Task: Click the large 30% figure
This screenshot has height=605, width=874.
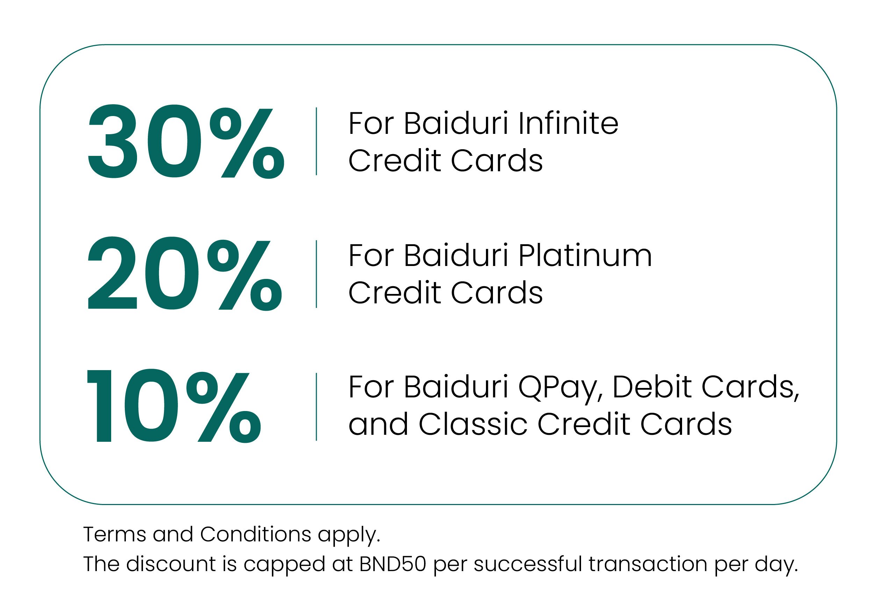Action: (x=186, y=142)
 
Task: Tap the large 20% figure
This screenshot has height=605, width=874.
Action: (x=185, y=273)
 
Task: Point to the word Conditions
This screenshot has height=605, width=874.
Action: (x=256, y=534)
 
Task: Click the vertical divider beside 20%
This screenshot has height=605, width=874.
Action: (x=316, y=274)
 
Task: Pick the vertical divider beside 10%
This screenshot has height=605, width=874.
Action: (x=316, y=407)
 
